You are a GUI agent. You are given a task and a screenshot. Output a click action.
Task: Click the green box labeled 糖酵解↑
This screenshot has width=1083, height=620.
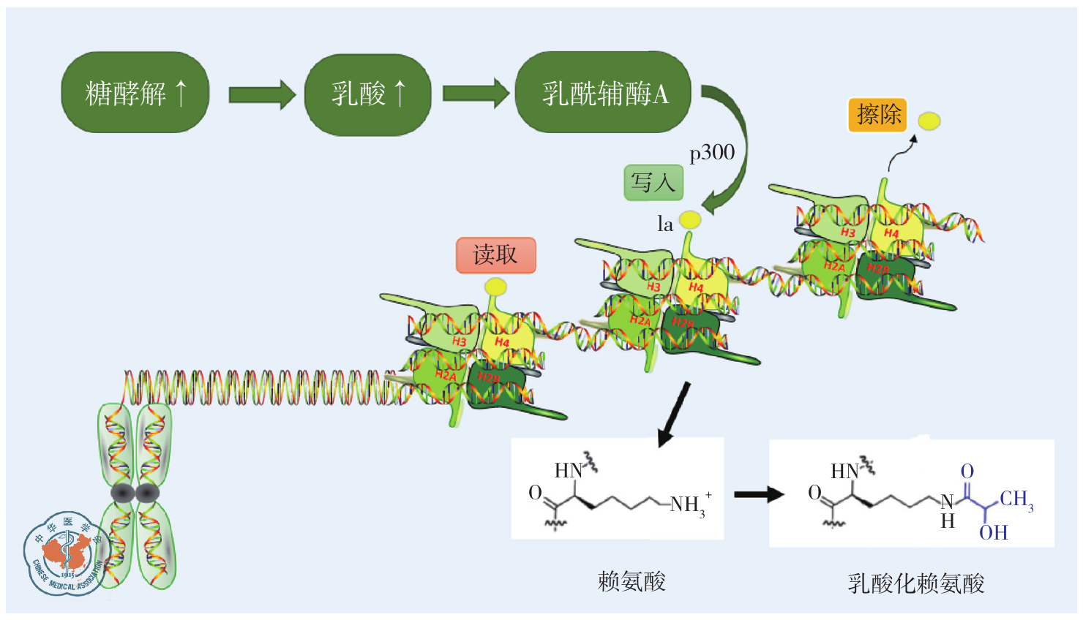135,93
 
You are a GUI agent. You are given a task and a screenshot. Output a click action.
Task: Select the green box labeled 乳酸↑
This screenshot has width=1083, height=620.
367,94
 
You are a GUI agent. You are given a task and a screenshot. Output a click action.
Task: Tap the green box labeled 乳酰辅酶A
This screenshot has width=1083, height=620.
604,93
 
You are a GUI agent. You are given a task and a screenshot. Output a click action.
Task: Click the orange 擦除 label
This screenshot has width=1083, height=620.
877,116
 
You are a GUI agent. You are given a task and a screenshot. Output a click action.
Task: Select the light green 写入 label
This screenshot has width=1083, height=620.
653,183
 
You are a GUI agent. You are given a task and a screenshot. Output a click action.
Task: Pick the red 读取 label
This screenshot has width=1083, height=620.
495,255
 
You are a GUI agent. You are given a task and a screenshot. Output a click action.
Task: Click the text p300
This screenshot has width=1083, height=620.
712,152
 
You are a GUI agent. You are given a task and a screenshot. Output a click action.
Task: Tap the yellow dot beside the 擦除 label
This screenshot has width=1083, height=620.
929,121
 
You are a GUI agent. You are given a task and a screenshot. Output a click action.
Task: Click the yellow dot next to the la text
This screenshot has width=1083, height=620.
690,219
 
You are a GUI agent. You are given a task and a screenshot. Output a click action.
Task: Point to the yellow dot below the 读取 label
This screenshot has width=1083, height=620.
495,286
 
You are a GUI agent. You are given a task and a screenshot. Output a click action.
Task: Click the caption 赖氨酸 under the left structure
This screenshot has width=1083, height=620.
632,582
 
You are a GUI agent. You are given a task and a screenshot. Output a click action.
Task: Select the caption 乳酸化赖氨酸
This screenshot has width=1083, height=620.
915,583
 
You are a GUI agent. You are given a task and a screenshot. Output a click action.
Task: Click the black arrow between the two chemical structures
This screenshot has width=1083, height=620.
758,495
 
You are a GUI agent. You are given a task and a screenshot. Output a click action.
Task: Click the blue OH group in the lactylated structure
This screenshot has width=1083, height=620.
993,533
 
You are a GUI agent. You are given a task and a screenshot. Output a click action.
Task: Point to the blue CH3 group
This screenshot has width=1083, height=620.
1016,499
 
